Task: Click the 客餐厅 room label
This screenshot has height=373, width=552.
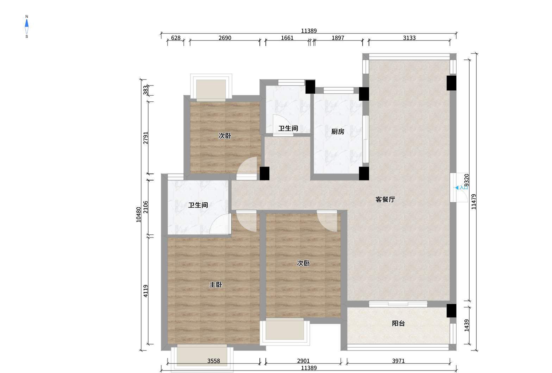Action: coord(385,199)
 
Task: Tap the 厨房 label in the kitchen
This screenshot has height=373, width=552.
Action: coord(338,132)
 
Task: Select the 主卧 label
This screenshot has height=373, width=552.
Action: coord(215,285)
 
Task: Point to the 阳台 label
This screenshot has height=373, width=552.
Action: coord(398,323)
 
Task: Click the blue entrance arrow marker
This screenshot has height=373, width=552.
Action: coord(457,188)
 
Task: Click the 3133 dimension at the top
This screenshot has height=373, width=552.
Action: coord(409,38)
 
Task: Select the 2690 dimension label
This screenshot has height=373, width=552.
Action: coord(225,38)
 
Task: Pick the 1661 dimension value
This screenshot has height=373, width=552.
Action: coord(287,38)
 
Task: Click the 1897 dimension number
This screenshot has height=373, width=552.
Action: coord(338,38)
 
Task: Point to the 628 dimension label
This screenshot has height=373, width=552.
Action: coord(176,38)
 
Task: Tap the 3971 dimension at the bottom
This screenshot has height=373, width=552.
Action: coord(398,361)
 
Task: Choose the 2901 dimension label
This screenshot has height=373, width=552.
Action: coord(303,361)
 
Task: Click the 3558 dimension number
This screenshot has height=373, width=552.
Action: coord(213,361)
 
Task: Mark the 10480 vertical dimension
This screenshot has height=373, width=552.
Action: coord(139,215)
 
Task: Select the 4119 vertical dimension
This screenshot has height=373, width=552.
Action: coord(146,291)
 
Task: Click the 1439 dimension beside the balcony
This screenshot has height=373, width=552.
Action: coord(466,325)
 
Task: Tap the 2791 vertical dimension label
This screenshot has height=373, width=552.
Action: coord(146,138)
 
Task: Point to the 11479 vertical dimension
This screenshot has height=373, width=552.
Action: coord(473,202)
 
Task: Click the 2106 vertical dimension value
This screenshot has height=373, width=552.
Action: coord(146,207)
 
